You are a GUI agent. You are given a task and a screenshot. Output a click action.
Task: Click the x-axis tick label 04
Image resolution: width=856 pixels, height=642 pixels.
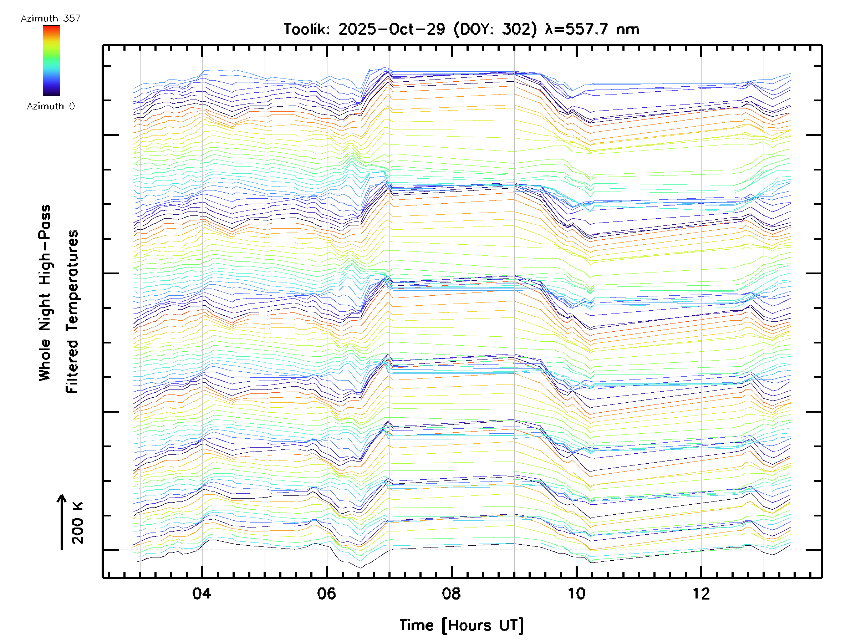click(x=202, y=593)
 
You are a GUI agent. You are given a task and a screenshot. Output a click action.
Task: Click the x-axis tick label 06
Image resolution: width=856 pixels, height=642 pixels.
click(x=326, y=593)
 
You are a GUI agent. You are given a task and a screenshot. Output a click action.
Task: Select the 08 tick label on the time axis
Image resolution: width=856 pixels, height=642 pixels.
click(x=451, y=593)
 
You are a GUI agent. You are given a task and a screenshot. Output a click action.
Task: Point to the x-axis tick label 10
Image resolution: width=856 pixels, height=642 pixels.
click(x=576, y=593)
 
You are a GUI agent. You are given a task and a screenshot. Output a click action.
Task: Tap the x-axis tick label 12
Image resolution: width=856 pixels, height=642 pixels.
click(x=701, y=593)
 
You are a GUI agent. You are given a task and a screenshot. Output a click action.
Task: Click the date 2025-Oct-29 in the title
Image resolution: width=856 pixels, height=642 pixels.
click(x=391, y=29)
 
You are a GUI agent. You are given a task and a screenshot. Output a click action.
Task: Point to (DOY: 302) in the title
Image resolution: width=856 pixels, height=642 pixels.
click(x=495, y=29)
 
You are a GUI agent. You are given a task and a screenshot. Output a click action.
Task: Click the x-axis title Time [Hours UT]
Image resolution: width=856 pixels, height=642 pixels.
click(x=461, y=625)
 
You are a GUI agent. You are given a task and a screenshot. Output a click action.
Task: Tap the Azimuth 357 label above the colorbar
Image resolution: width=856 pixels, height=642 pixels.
click(x=51, y=19)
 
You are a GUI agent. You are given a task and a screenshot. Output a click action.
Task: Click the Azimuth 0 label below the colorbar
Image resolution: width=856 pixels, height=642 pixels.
click(x=51, y=106)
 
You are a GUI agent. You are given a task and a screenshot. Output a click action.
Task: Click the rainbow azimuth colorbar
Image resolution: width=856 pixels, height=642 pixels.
click(x=51, y=61)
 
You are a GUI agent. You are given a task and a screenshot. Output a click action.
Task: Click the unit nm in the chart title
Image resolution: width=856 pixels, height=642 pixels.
click(x=628, y=29)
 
